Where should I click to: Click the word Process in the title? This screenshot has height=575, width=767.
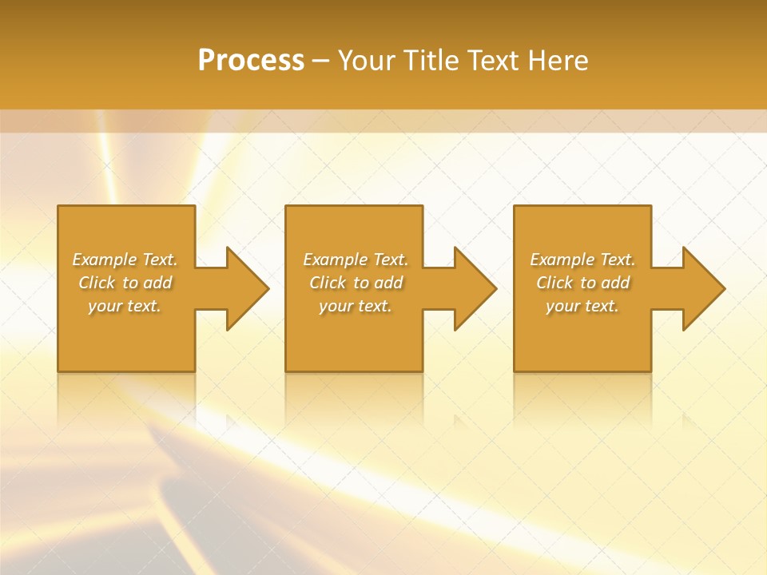pos(251,61)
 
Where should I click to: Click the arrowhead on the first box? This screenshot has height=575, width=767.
pos(248,288)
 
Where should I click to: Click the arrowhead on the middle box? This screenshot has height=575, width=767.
pos(476,288)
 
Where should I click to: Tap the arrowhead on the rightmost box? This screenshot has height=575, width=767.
pos(704,288)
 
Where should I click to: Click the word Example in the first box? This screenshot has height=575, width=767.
pos(105,260)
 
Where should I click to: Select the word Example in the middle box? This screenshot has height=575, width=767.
pos(335,260)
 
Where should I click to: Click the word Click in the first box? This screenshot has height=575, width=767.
pos(97,283)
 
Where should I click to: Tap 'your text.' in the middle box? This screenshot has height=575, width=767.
pos(355,306)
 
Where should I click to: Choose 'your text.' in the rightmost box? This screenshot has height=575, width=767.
pos(582,306)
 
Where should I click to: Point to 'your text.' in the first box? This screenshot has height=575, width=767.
pos(125,306)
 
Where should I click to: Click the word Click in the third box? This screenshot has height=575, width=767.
pos(554,283)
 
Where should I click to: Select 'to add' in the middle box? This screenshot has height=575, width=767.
pos(378,283)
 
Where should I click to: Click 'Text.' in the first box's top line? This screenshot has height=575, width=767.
pos(160,260)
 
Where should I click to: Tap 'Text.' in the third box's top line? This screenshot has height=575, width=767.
pos(617,260)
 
